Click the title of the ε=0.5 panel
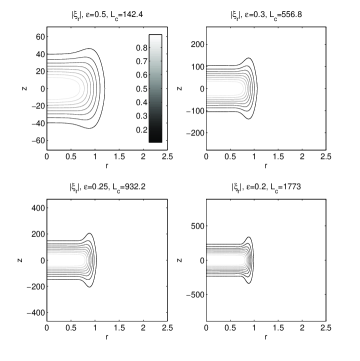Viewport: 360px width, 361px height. (106, 15)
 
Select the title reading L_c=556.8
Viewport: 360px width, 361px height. (266, 15)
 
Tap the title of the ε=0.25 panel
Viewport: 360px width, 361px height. (107, 187)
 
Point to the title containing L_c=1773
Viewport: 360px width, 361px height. (266, 187)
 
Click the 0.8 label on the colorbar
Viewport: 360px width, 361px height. (141, 48)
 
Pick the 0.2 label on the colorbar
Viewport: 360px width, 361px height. (141, 130)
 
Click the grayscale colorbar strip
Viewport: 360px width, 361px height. (155, 88)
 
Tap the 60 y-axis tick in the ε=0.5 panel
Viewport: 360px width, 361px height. (40, 37)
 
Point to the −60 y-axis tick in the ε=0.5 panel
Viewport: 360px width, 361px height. (38, 141)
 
